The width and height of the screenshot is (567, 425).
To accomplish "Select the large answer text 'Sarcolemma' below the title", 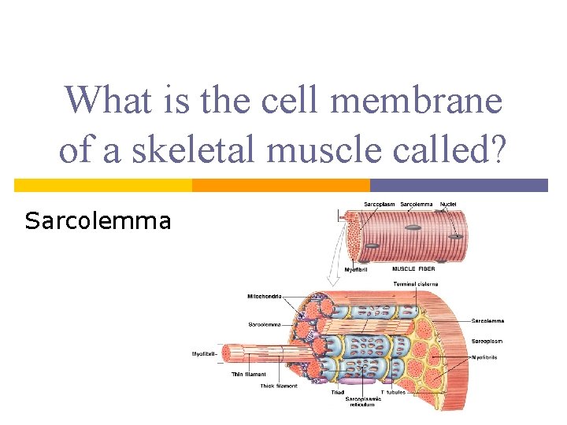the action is click(98, 221).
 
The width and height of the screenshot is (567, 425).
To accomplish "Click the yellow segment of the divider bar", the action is click(103, 185).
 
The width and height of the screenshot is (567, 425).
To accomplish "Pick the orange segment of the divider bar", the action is click(281, 185).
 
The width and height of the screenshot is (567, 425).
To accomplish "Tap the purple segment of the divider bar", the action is click(458, 185).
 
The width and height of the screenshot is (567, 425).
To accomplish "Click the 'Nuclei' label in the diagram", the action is click(448, 205).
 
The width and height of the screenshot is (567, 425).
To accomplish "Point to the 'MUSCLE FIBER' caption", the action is click(413, 269).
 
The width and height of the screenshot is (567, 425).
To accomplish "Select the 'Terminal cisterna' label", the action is click(416, 283).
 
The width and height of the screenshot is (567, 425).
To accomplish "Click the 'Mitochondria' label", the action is click(264, 297).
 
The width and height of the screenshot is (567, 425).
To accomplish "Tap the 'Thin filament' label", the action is click(248, 375).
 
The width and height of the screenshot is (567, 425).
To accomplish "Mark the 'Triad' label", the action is click(338, 392).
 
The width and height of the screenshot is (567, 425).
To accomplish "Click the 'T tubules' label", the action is click(393, 392).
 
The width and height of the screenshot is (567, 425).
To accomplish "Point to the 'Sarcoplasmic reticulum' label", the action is click(362, 401).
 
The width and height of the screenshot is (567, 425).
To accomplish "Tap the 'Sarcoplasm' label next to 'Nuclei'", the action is click(379, 205).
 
